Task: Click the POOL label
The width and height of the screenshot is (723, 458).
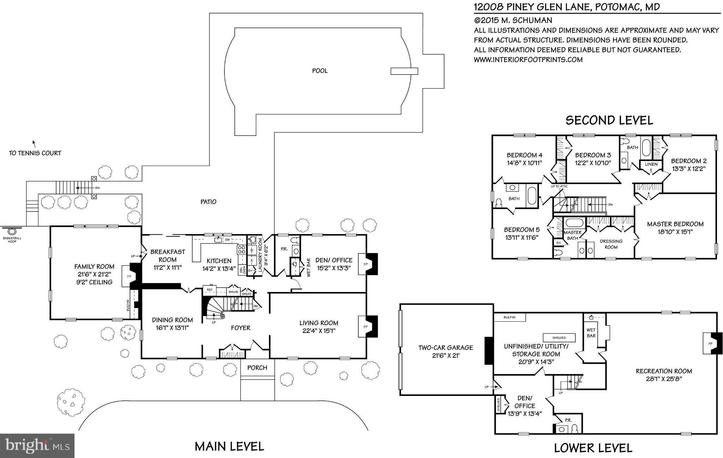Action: (x=319, y=71)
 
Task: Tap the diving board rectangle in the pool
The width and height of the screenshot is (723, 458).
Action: (x=404, y=71)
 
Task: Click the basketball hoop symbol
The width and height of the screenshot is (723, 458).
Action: (x=12, y=231)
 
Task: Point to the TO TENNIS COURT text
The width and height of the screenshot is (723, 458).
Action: (x=35, y=153)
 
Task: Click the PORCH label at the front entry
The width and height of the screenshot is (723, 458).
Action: (x=257, y=368)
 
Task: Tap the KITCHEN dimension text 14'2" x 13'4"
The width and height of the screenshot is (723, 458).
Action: (x=219, y=268)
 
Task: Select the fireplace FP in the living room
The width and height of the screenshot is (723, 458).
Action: (x=365, y=327)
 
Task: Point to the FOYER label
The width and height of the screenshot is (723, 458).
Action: (x=240, y=328)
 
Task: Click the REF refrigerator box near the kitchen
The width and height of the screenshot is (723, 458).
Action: (x=210, y=290)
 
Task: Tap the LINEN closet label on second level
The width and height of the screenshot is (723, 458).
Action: (x=651, y=164)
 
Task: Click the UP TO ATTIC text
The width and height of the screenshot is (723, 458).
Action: (x=559, y=186)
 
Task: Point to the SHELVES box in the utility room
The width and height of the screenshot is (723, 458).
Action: (x=559, y=337)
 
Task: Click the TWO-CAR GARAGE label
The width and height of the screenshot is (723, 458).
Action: (x=446, y=347)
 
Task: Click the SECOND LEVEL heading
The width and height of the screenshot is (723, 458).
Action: (x=609, y=120)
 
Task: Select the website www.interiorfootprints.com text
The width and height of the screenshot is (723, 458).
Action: (x=528, y=60)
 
